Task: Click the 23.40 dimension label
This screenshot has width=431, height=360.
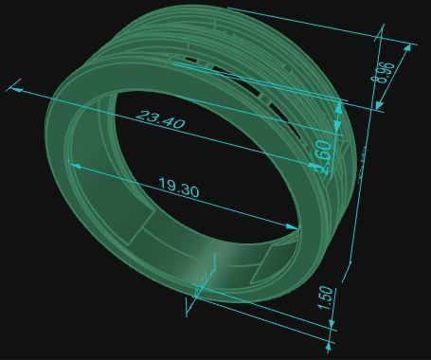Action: (161, 120)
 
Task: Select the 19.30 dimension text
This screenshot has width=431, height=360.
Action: (178, 189)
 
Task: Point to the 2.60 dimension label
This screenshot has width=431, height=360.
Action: (323, 154)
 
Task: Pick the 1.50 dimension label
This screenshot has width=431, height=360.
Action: (326, 298)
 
